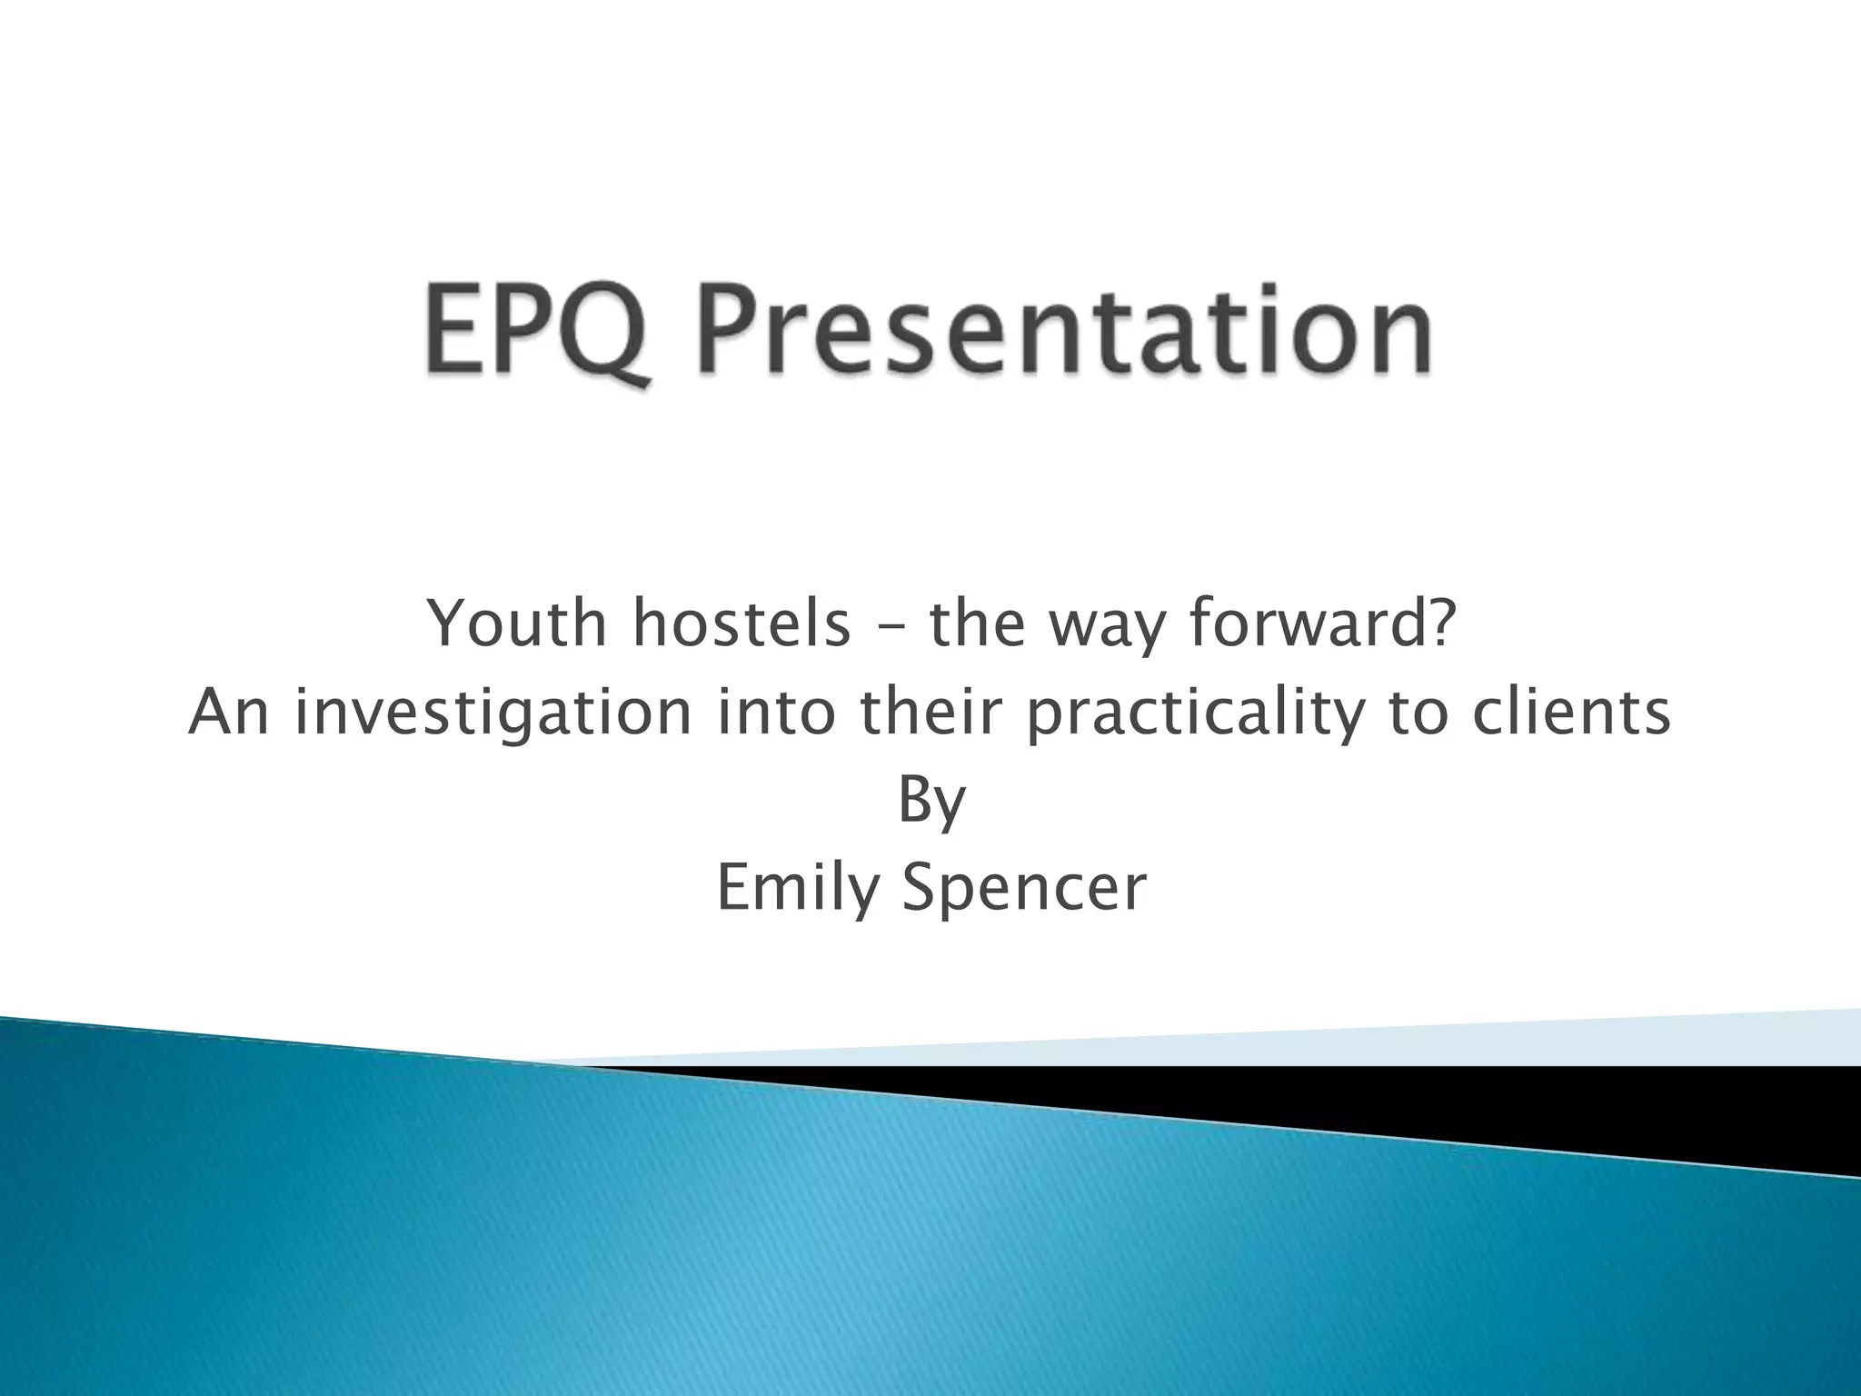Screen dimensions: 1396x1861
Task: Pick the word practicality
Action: coord(1194,714)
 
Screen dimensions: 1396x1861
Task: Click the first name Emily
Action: coord(795,889)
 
